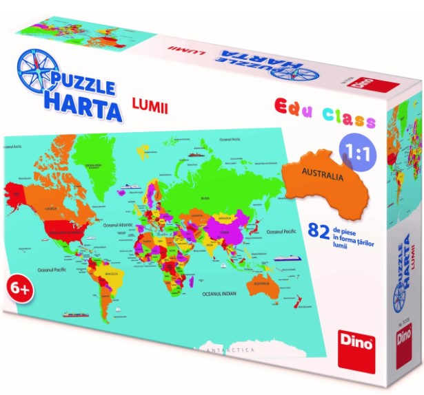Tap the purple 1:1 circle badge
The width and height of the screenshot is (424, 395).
tap(352, 153)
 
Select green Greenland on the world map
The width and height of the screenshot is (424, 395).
tap(92, 158)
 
